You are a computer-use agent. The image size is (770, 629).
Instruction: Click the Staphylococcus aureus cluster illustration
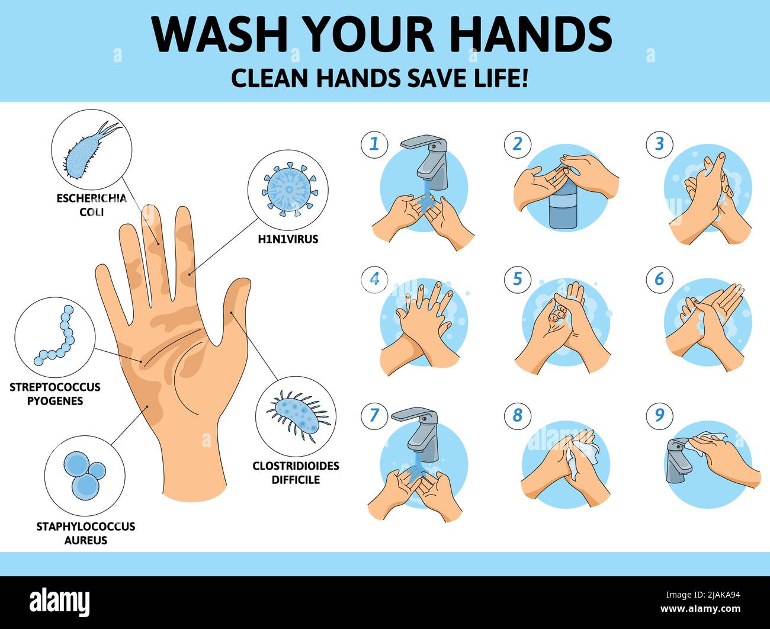85,475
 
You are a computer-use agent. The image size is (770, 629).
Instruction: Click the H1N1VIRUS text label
288,239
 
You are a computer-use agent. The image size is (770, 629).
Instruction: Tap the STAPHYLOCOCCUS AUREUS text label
85,533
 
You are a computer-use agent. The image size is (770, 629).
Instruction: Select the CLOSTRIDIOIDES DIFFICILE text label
296,473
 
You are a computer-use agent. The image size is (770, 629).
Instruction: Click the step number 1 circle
374,144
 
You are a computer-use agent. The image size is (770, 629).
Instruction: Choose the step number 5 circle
517,279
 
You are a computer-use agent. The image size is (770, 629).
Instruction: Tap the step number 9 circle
659,415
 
